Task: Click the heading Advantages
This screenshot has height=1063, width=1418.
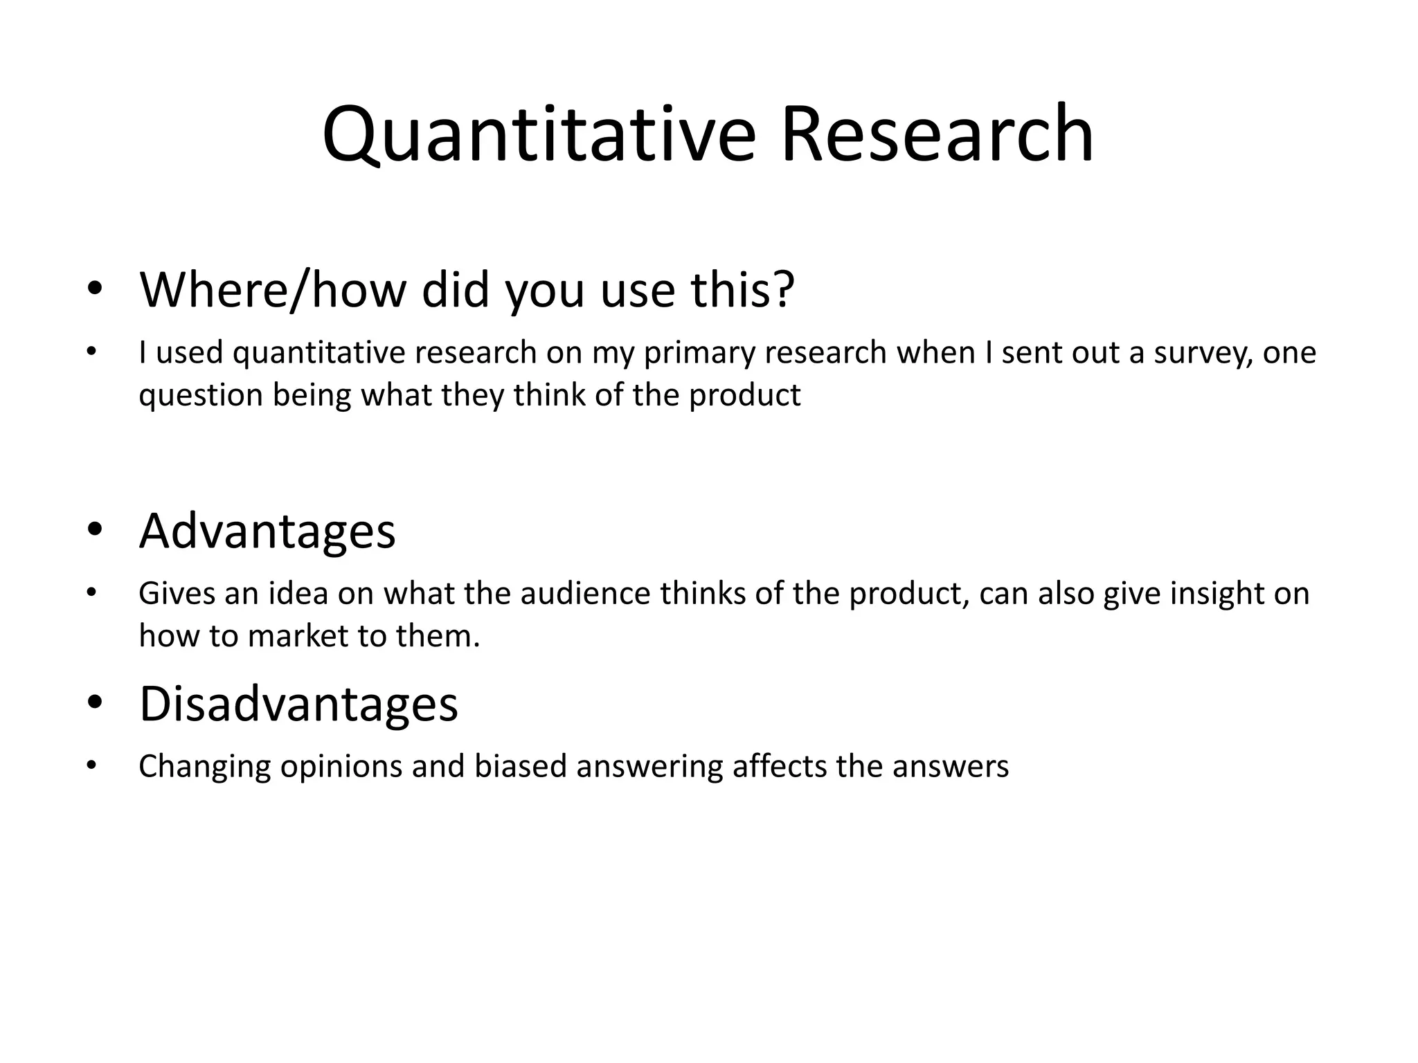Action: pyautogui.click(x=267, y=531)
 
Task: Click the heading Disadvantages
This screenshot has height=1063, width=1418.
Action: pyautogui.click(x=298, y=704)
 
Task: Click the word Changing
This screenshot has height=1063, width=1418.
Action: pyautogui.click(x=204, y=767)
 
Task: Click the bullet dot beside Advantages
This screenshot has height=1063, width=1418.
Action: pyautogui.click(x=95, y=531)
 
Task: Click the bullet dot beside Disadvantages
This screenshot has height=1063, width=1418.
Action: pyautogui.click(x=95, y=704)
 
